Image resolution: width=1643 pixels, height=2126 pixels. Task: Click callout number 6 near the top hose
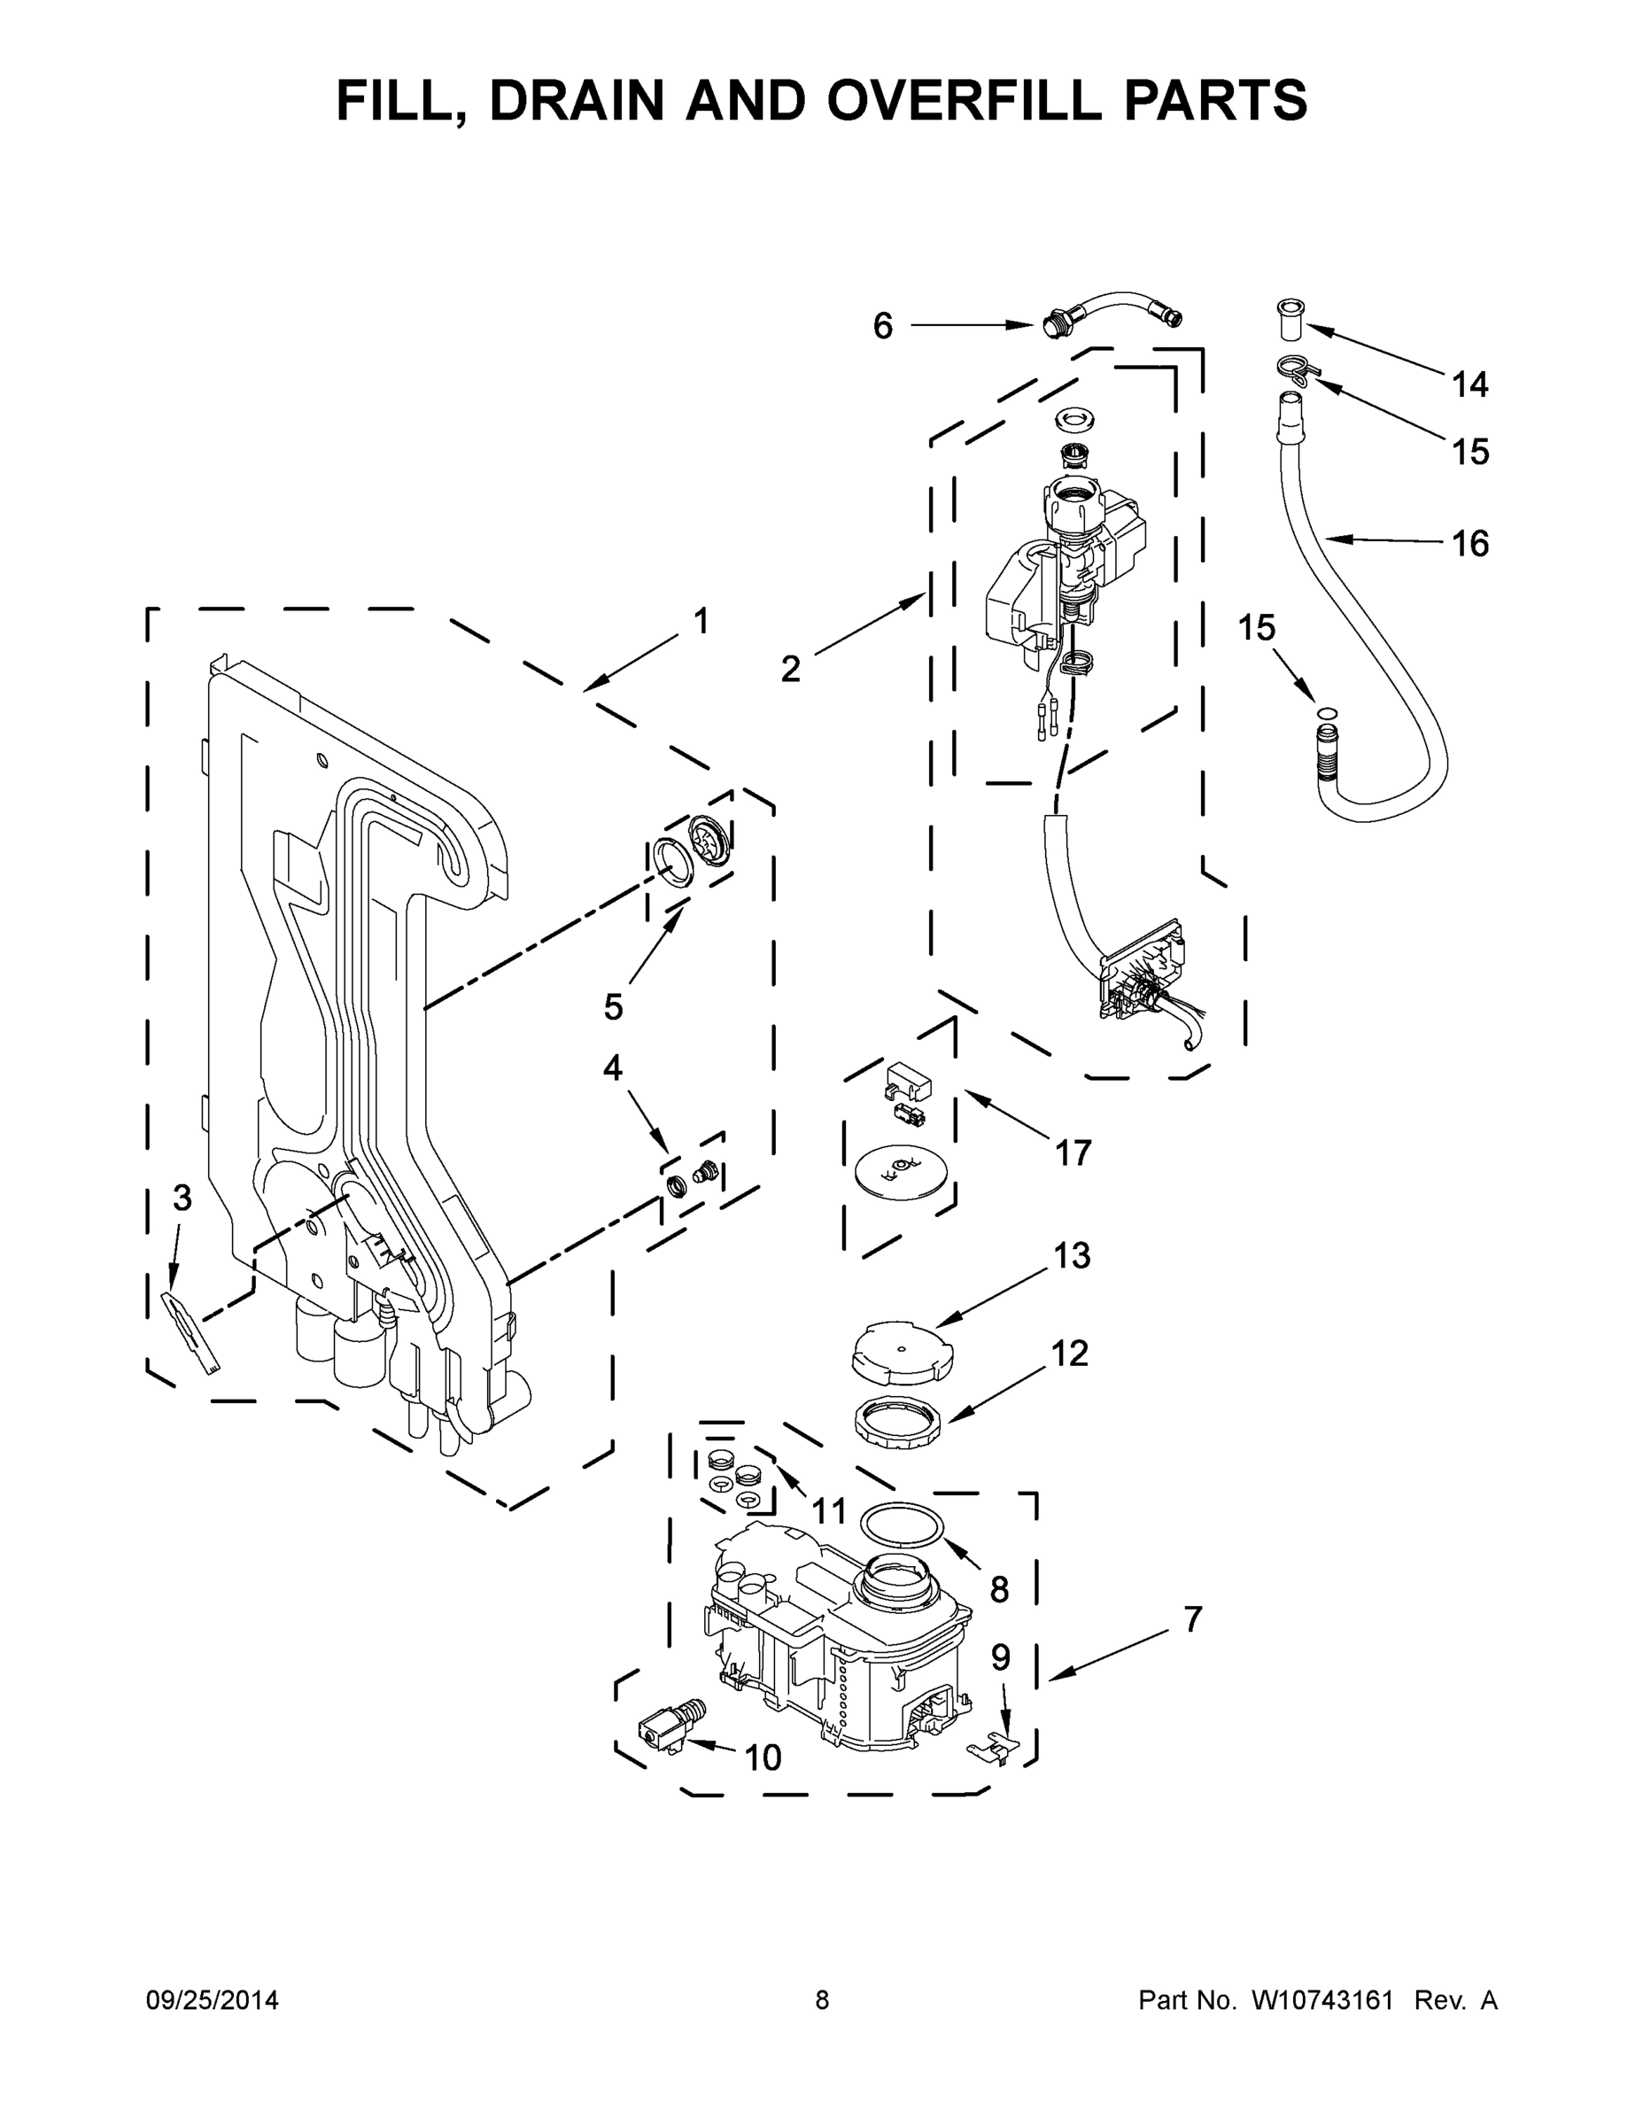[x=882, y=326]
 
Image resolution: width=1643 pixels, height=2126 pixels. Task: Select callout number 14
[x=1469, y=384]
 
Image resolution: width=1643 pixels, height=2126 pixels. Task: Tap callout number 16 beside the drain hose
[x=1469, y=543]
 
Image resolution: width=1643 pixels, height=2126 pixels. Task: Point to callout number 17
[x=1073, y=1152]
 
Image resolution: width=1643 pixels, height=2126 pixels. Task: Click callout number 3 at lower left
[x=182, y=1199]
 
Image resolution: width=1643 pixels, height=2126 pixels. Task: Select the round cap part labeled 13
[x=901, y=1349]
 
